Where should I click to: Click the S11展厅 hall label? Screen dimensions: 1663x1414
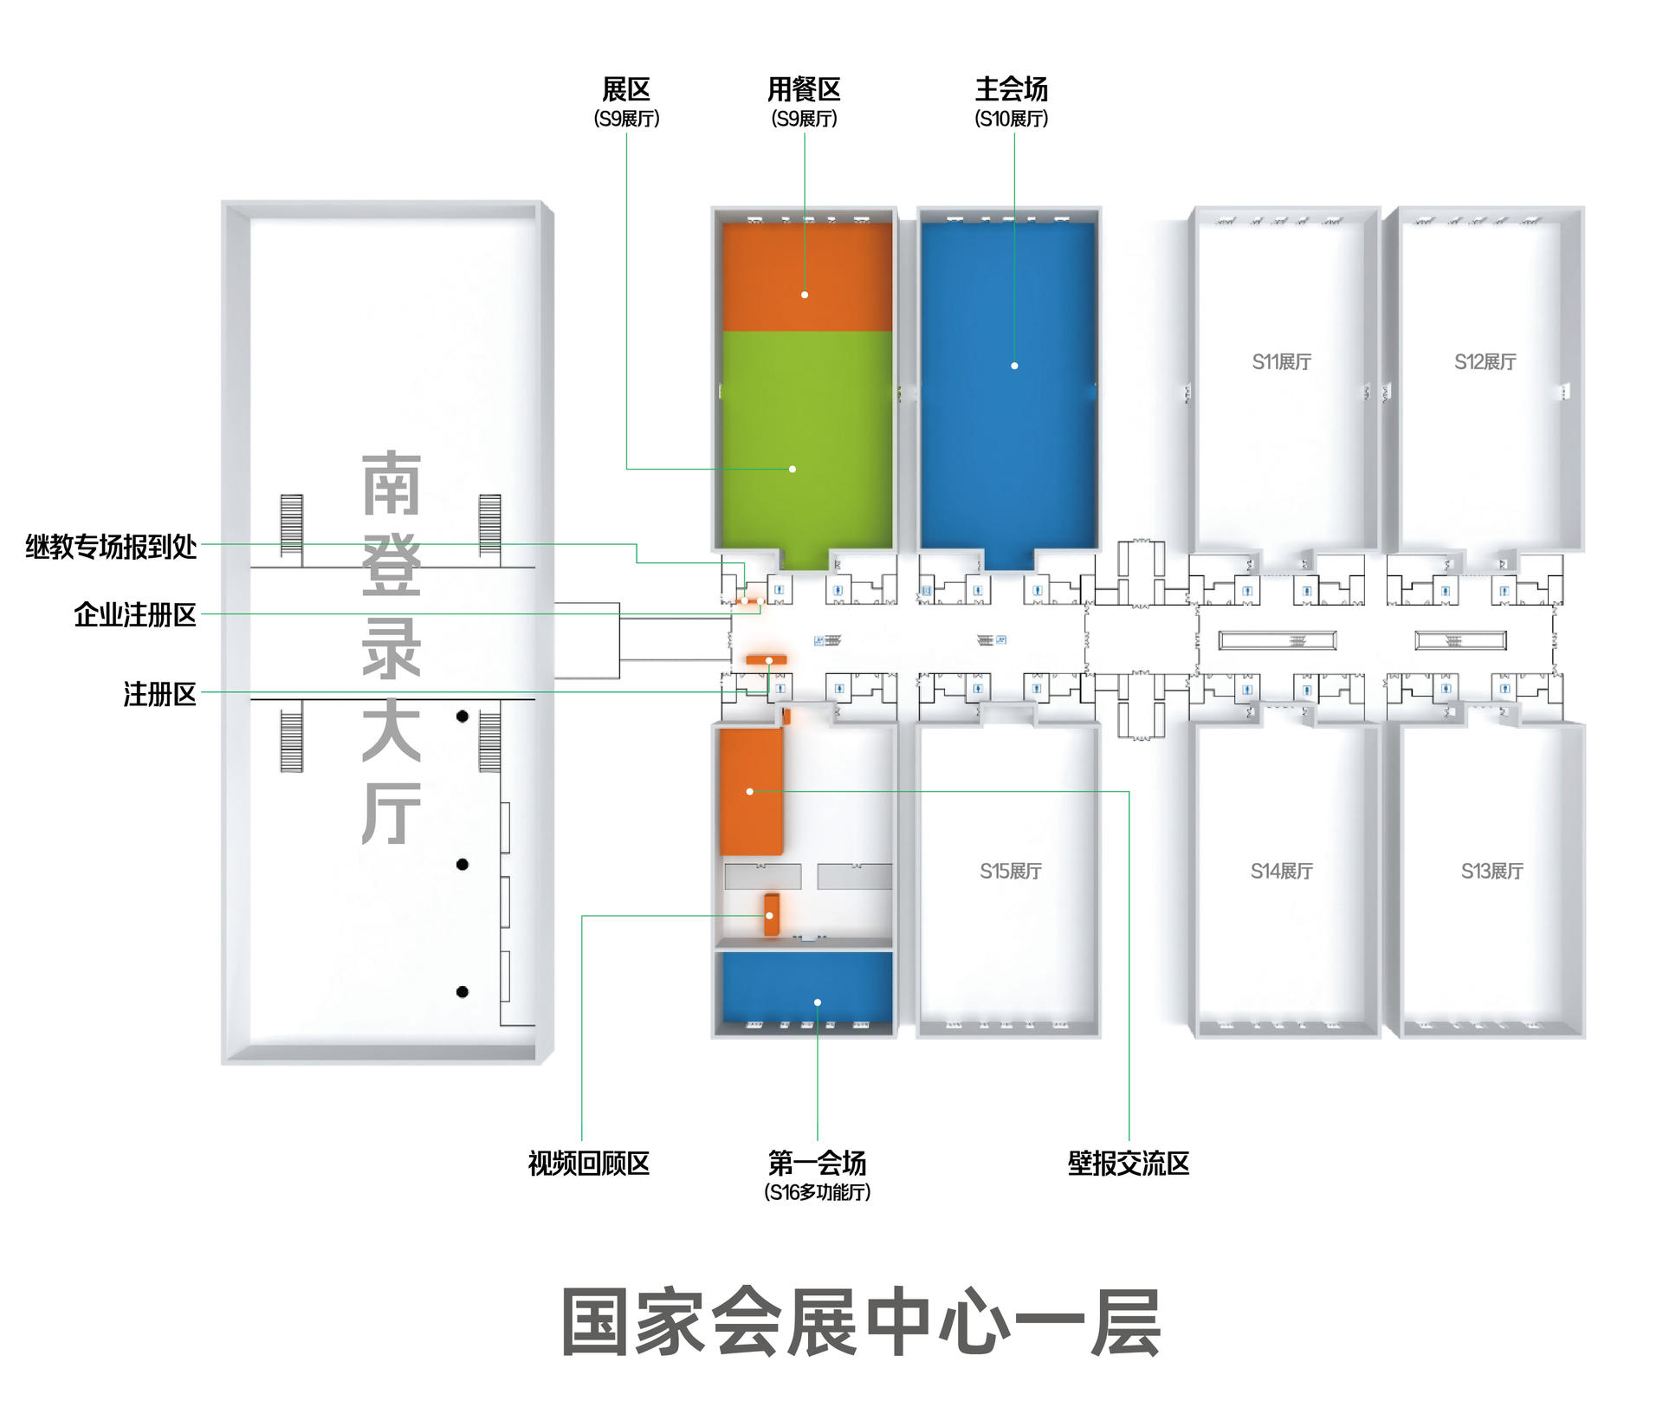[x=1282, y=362]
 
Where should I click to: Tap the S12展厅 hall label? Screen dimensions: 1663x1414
[x=1485, y=362]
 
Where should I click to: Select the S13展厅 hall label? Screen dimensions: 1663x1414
[x=1492, y=871]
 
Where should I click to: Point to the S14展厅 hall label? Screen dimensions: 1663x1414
[x=1282, y=871]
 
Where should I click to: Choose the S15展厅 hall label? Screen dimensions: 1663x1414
[x=1011, y=871]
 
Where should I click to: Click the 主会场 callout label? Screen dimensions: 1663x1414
[x=1012, y=89]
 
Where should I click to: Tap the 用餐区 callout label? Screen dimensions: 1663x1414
[x=804, y=89]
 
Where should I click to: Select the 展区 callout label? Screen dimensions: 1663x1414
[x=626, y=89]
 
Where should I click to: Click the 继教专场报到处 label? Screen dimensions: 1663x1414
[x=112, y=547]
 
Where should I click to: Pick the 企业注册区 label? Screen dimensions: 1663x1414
[x=135, y=614]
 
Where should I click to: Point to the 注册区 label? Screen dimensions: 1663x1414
[x=160, y=694]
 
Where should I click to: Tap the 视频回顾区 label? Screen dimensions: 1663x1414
[x=589, y=1163]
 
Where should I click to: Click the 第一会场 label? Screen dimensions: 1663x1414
[x=817, y=1163]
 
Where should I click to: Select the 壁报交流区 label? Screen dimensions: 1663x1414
[x=1129, y=1163]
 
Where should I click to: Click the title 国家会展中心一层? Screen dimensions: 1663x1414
[x=861, y=1322]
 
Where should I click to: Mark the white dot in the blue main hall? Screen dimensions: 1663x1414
[x=1014, y=366]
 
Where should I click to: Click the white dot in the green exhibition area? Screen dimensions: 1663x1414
[x=793, y=469]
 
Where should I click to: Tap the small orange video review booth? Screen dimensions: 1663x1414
[x=771, y=914]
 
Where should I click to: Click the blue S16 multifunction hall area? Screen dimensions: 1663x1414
[x=807, y=988]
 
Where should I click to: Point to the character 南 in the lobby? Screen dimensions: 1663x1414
[x=391, y=482]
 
